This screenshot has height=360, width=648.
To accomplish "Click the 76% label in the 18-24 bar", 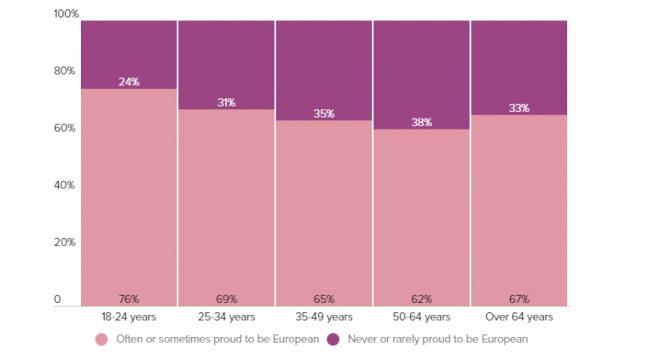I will coord(129,299).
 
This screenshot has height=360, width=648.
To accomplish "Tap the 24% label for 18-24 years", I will coord(129,82).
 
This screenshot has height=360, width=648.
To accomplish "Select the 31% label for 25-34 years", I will coord(226,102).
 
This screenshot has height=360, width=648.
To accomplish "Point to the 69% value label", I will coord(226,299).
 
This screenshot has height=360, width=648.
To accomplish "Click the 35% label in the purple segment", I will coord(324,113).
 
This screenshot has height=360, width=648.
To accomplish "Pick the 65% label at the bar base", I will coord(324,299).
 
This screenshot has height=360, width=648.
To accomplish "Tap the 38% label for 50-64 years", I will coord(421,122).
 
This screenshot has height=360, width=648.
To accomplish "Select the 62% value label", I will coord(421,299).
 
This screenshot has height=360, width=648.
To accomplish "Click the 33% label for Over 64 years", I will coord(518,108).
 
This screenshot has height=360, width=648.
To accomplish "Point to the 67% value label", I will coord(518,299).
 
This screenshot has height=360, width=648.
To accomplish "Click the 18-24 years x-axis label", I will coord(129,317).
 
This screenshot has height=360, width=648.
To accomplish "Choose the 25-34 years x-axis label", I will coord(226,317).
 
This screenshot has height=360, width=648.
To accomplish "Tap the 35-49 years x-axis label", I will coord(324,317).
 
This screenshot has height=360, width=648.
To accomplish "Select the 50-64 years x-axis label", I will coord(421,317).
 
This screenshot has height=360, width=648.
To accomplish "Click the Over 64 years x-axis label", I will coord(518,317).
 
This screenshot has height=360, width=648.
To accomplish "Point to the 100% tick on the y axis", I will coord(66,14).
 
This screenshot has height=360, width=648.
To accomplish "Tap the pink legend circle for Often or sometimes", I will coord(101,340).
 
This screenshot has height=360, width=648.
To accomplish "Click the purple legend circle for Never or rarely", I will coord(333,340).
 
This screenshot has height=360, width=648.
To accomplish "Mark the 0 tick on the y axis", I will coord(58,299).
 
